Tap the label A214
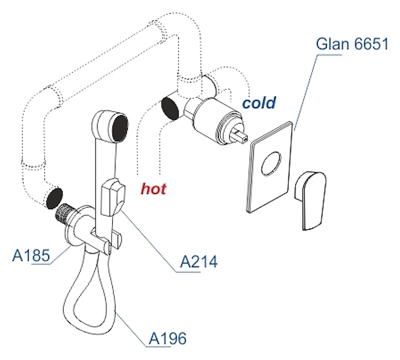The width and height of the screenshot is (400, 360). (198, 261)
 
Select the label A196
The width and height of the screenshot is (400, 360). (167, 337)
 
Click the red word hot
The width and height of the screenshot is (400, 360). (154, 189)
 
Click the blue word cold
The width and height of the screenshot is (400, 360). (259, 103)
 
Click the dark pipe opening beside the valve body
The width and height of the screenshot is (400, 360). (169, 108)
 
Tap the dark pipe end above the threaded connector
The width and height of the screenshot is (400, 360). (54, 197)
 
